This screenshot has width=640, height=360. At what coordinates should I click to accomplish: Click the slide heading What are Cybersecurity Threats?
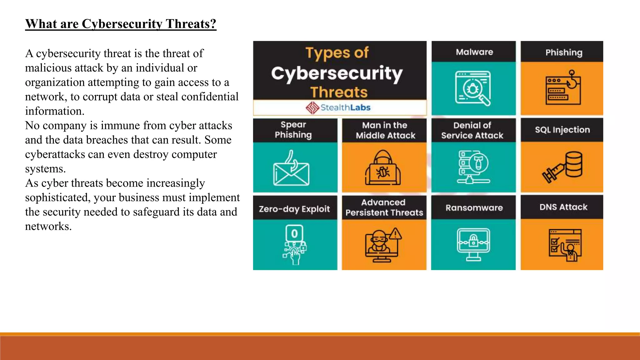121,24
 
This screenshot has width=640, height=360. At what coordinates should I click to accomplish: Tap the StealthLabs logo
338,107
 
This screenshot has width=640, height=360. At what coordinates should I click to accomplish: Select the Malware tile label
474,52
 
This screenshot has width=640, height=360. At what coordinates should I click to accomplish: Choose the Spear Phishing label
293,130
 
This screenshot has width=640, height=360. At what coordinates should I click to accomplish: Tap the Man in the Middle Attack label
385,130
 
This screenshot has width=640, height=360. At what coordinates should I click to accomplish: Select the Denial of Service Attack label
472,130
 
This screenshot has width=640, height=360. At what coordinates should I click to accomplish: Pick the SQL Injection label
562,130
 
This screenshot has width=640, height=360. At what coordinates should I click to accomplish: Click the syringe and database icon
562,167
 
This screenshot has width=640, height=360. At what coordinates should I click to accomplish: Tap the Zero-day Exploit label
294,209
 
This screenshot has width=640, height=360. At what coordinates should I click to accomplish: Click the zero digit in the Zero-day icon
294,233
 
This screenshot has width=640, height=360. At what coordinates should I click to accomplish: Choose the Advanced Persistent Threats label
384,207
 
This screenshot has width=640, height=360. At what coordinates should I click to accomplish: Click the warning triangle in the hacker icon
396,233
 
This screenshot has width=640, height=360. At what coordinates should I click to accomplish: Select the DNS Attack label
563,207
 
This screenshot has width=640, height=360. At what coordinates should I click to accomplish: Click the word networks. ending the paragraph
48,226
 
